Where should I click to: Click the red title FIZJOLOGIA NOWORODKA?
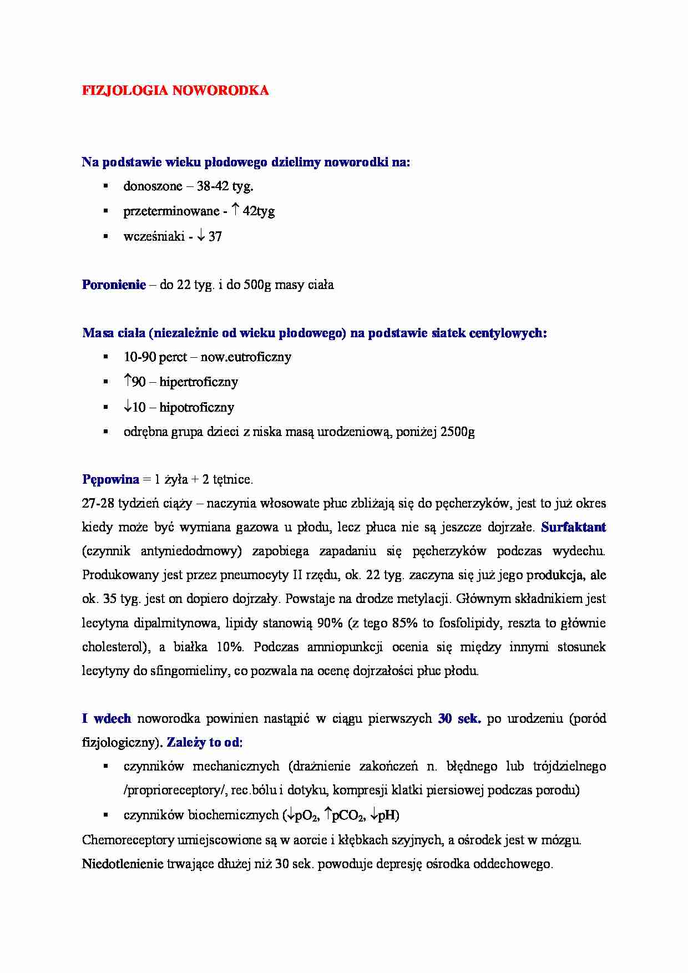pos(175,91)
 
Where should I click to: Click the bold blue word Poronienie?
pos(114,285)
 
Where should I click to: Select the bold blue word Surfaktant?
pos(573,528)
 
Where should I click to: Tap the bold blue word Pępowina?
pos(110,479)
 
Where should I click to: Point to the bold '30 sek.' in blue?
pos(459,719)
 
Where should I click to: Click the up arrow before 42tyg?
pos(235,210)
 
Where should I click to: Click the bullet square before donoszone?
pos(105,186)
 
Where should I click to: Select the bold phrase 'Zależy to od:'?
pos(205,743)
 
